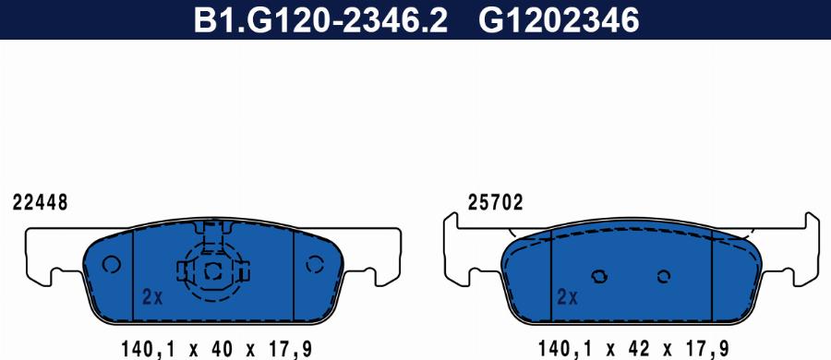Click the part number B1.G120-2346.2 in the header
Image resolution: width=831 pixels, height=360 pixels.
pyautogui.click(x=319, y=19)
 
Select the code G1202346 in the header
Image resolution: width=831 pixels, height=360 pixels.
pyautogui.click(x=558, y=19)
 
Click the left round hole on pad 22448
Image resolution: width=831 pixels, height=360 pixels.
pyautogui.click(x=112, y=265)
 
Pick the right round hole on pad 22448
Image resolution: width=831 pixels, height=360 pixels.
pyautogui.click(x=316, y=265)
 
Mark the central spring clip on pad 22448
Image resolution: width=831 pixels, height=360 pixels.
pyautogui.click(x=213, y=269)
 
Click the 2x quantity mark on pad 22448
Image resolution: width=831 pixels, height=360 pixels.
pyautogui.click(x=152, y=297)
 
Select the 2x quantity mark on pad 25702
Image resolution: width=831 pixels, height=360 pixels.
pyautogui.click(x=567, y=297)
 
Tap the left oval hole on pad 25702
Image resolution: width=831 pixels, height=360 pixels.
pyautogui.click(x=598, y=276)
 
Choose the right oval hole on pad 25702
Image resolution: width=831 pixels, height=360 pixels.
pyautogui.click(x=663, y=276)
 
